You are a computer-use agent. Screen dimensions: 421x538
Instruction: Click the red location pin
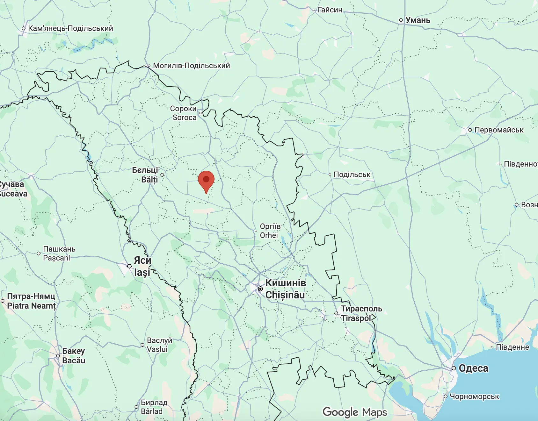coord(206,180)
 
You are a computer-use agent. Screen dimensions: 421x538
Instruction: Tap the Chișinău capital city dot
coord(260,289)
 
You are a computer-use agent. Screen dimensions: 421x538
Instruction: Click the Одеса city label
coord(473,368)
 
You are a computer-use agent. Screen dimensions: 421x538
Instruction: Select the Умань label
coord(418,20)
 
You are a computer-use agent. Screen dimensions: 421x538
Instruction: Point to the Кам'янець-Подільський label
coord(70,28)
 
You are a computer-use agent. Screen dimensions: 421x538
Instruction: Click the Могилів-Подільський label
coord(191,66)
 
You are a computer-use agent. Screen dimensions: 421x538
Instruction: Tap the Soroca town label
coord(184,118)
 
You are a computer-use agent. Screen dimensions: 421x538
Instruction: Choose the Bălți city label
coord(149,180)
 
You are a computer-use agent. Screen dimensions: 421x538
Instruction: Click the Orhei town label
coord(269,235)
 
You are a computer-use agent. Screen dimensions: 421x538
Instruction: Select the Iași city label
coord(142,273)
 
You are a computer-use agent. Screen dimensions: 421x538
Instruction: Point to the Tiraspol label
coord(356,318)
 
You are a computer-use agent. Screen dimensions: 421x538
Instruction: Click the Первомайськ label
coord(499,130)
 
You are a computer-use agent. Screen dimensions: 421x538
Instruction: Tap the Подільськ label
coord(352,175)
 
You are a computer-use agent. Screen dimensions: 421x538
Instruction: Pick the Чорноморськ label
coord(474,396)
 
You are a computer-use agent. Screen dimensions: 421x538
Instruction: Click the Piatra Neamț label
coord(31,306)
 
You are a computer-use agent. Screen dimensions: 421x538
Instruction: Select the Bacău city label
coord(74,360)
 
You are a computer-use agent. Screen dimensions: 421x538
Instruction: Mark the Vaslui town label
coord(157,349)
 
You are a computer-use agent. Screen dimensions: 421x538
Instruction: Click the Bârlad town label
coord(152,411)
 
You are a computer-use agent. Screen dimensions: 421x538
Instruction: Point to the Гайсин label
coord(330,10)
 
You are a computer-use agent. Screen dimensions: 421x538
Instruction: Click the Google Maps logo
coord(355,412)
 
